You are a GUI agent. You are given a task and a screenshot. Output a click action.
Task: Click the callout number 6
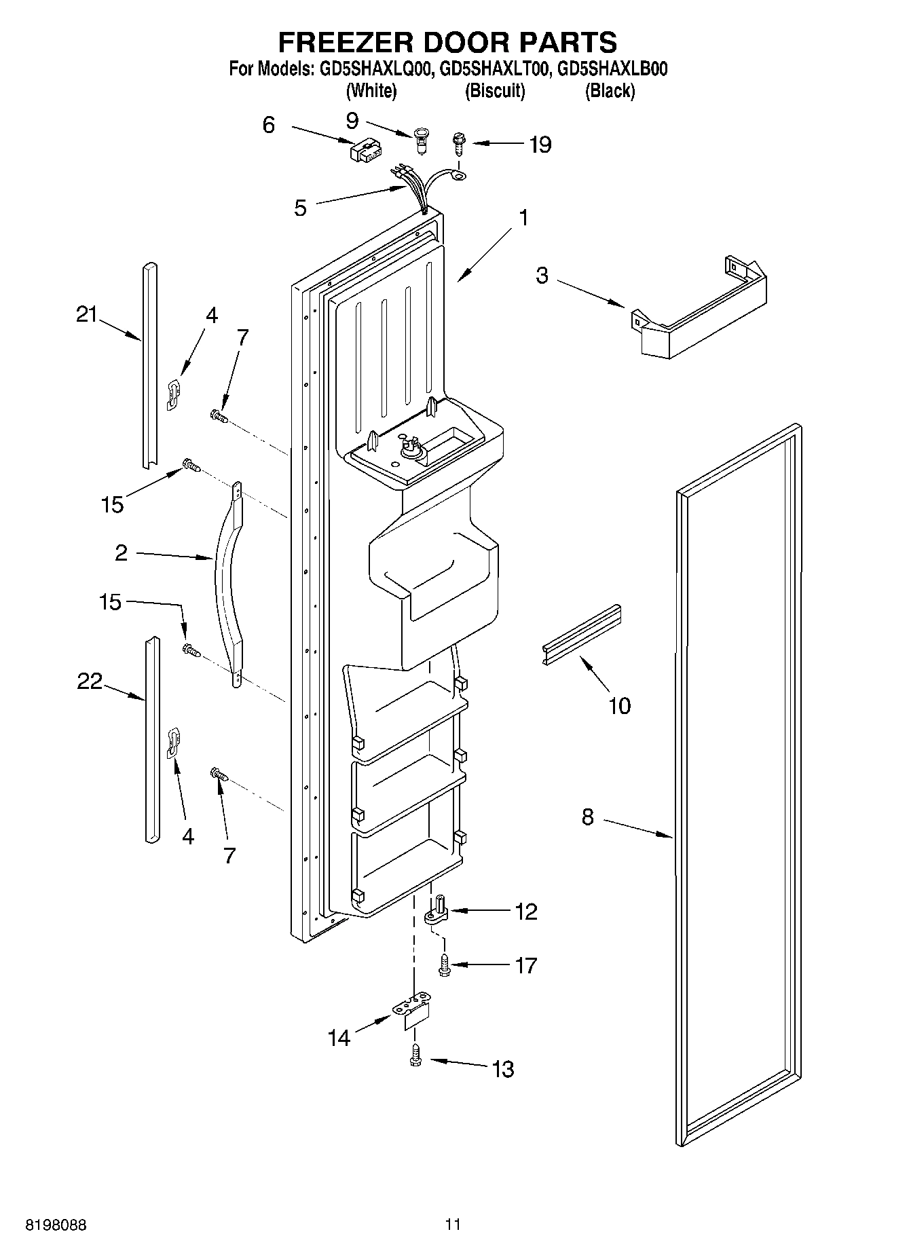(269, 126)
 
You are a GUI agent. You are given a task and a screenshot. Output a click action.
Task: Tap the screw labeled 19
(459, 144)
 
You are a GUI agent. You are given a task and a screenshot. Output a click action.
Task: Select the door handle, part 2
(228, 584)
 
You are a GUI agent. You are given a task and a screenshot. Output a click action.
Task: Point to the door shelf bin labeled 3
(699, 312)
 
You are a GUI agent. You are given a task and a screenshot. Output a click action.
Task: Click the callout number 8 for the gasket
(587, 817)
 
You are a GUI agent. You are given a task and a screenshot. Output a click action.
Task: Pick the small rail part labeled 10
(582, 633)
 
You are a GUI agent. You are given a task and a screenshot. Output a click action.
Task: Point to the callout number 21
(87, 314)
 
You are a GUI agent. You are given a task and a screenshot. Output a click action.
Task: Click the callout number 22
(89, 681)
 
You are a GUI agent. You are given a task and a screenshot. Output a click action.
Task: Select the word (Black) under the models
(610, 91)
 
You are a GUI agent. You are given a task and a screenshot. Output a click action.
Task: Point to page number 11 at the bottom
(453, 1224)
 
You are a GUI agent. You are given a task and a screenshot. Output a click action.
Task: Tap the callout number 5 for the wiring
(300, 208)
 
